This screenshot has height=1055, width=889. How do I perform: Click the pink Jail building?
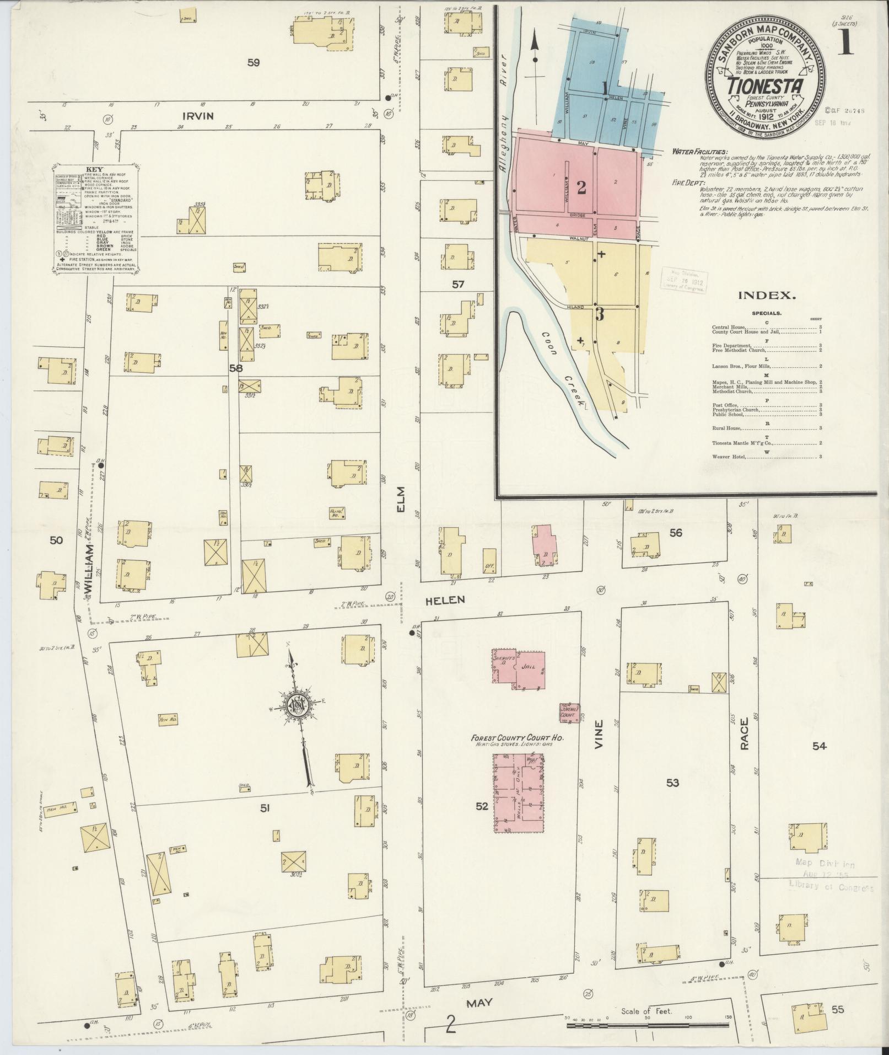tap(530, 669)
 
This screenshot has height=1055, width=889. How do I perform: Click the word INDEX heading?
tap(766, 296)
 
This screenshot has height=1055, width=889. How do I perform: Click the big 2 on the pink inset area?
tap(581, 188)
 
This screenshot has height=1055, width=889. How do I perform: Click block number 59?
tap(253, 63)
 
